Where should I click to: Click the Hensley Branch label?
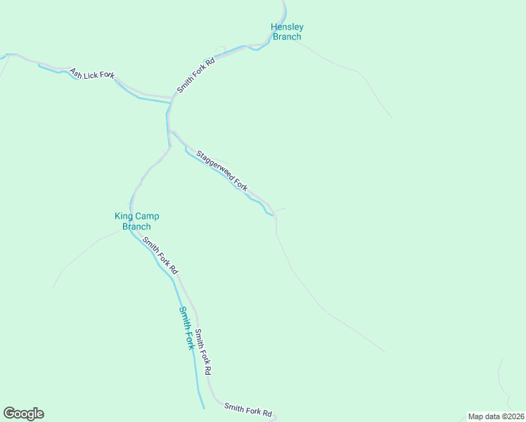coord(287,32)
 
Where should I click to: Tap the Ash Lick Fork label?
coord(91,75)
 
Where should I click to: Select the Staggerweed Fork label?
coord(222,171)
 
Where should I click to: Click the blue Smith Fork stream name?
coord(186,328)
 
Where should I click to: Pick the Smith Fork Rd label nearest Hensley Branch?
coord(195,75)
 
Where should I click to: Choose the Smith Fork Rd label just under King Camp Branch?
coord(160,255)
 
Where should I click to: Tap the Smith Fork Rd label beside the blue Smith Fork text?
coord(203,351)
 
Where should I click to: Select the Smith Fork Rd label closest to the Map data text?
coord(248,409)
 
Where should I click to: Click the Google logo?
coord(23,414)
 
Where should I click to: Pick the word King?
coord(123,217)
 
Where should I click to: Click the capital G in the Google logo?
coord(9,414)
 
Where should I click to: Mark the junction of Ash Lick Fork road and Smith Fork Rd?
coord(172,97)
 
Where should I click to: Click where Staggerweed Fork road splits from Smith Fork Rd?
coord(171,131)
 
